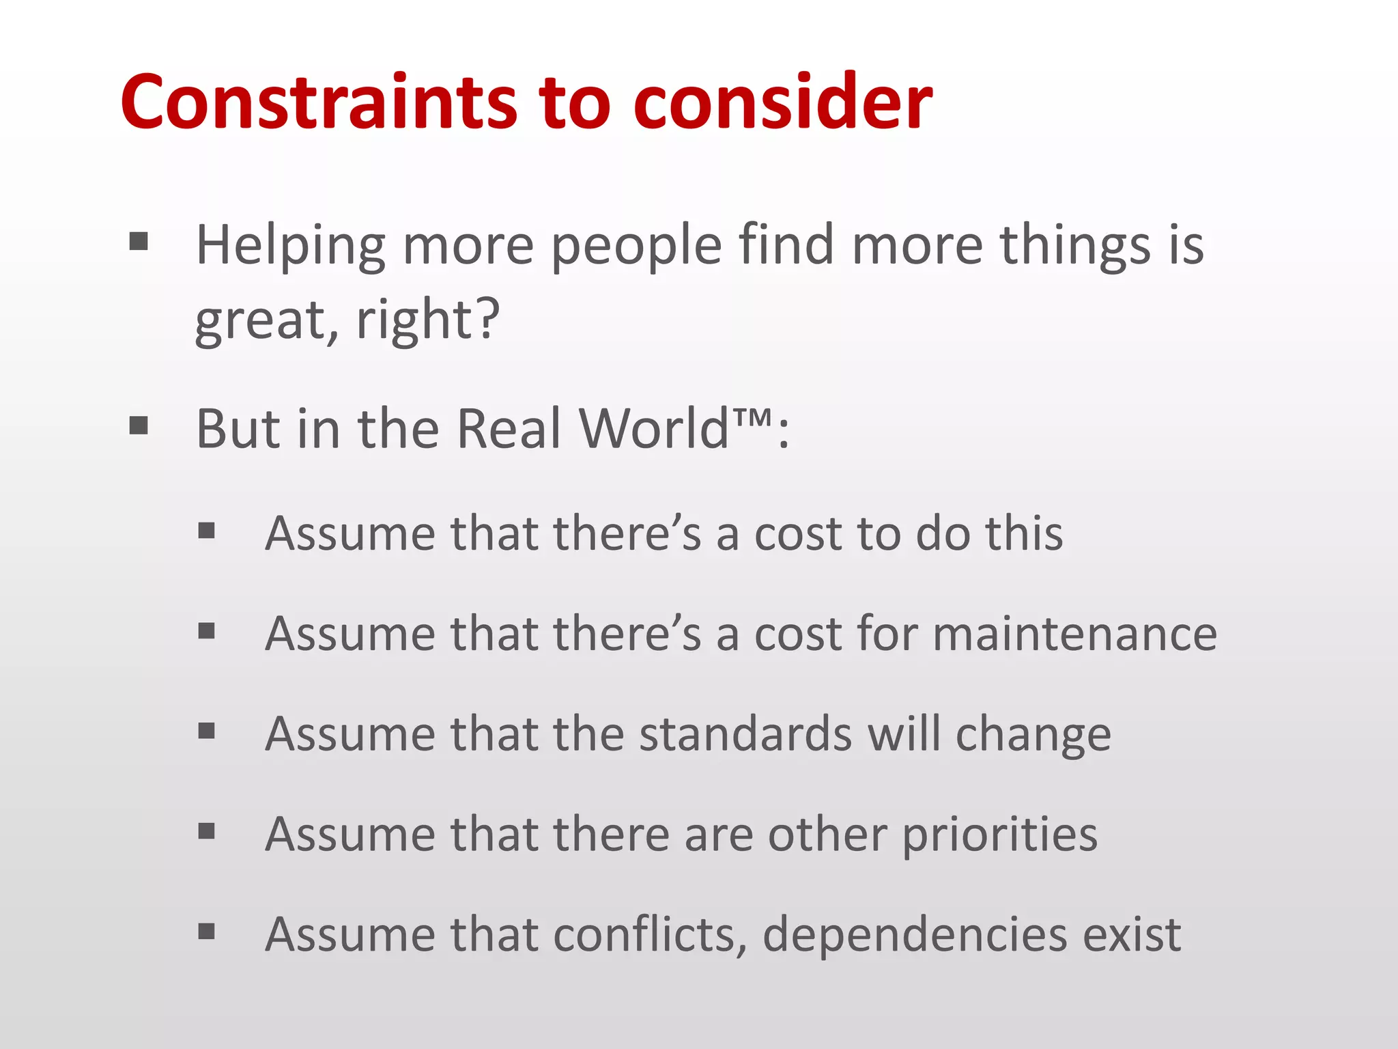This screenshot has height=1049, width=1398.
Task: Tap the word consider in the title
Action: [782, 102]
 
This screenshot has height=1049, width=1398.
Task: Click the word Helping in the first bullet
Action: [290, 246]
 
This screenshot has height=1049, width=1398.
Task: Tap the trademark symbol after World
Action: [754, 417]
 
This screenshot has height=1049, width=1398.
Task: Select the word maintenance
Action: [1074, 634]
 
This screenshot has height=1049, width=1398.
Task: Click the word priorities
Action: [999, 835]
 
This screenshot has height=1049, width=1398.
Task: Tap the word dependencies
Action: [914, 935]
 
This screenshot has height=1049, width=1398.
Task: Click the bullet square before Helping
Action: [139, 241]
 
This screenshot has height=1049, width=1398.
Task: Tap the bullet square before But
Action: [139, 425]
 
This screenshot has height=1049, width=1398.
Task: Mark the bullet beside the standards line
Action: [207, 731]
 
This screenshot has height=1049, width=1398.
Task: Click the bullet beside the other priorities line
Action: [207, 831]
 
